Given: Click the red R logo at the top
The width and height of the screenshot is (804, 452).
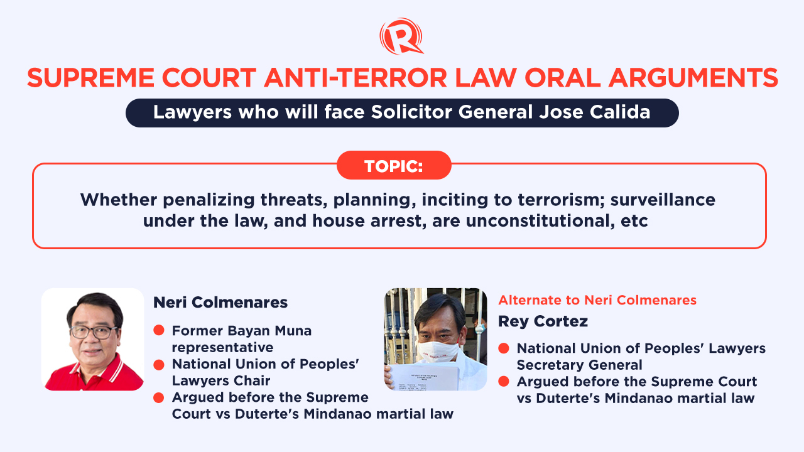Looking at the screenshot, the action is click(401, 36).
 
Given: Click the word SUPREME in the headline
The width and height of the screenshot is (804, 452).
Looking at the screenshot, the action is click(90, 78).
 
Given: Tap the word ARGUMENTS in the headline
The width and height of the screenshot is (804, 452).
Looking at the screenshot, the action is click(693, 78).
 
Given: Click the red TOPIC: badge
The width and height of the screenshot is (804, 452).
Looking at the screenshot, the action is click(394, 165).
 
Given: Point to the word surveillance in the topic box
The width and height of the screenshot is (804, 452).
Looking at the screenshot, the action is click(663, 200).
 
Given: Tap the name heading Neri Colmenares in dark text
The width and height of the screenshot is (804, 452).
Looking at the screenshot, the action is click(220, 303).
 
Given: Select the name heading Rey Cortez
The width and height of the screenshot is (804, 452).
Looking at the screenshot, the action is click(543, 321).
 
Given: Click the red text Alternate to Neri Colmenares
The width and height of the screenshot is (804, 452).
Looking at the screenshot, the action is click(597, 300).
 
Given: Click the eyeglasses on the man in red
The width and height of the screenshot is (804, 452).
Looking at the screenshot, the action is click(94, 332).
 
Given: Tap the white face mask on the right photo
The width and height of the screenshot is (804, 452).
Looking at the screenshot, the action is click(438, 352).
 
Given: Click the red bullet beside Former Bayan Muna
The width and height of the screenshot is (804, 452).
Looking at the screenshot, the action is click(159, 330).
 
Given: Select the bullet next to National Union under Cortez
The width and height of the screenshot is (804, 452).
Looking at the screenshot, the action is click(504, 348).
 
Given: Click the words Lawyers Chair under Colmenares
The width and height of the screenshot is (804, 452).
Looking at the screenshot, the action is click(220, 380).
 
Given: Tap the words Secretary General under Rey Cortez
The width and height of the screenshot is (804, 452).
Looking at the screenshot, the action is click(579, 365).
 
